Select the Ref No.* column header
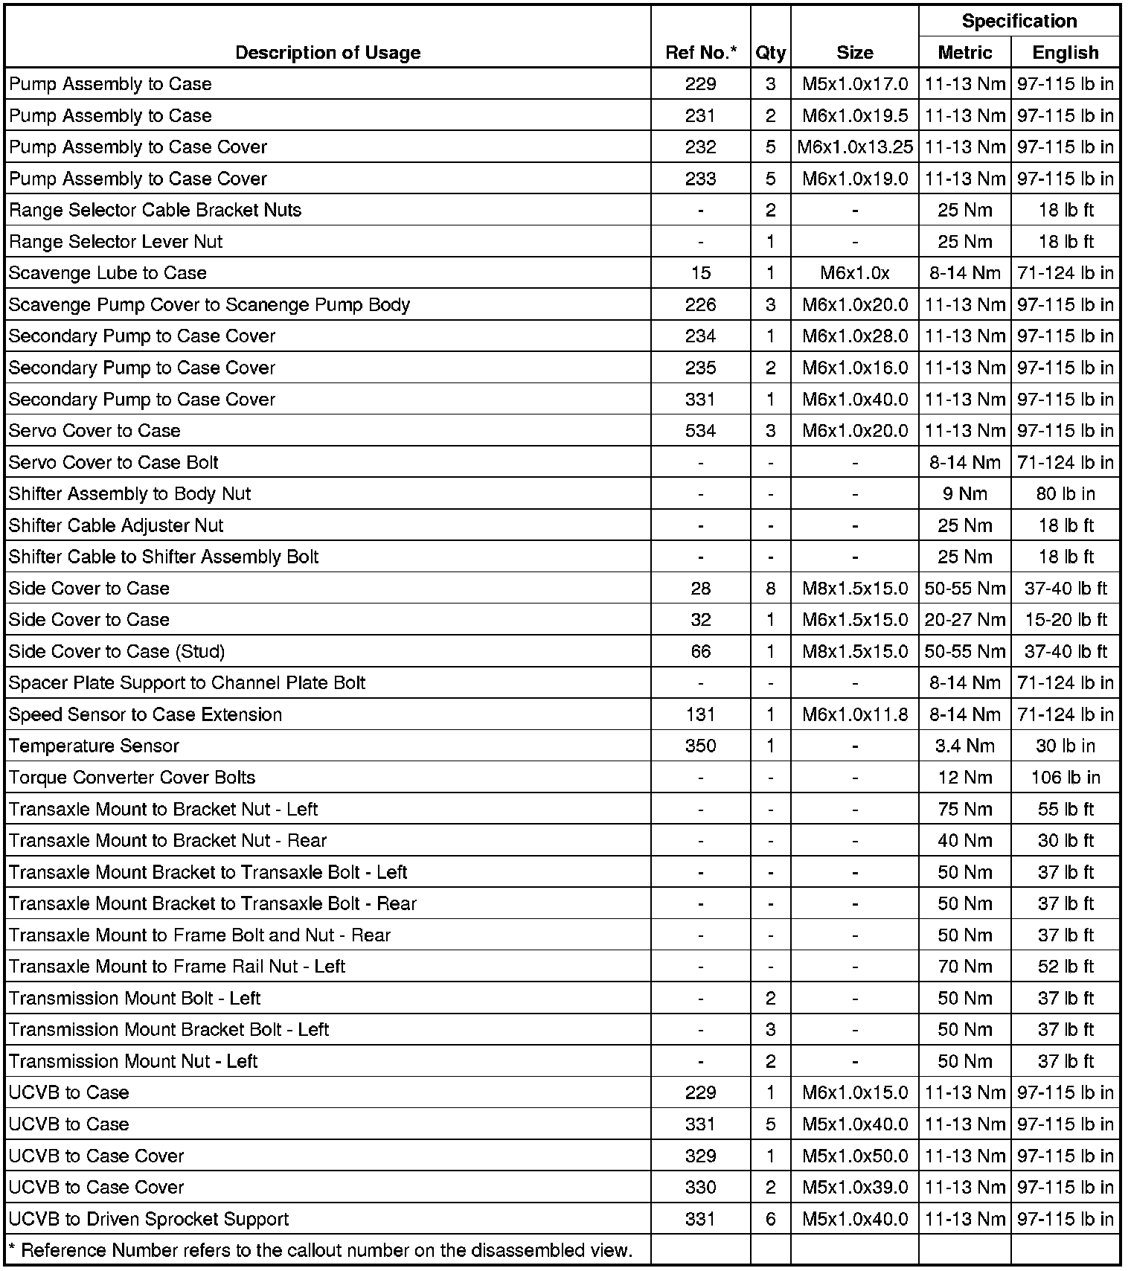click(x=700, y=53)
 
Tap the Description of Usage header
click(x=327, y=53)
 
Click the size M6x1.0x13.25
click(x=854, y=147)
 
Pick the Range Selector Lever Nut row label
click(x=115, y=242)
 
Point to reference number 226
click(x=700, y=305)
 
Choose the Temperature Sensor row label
click(x=94, y=746)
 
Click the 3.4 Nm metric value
click(x=964, y=746)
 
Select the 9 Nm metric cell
click(x=964, y=494)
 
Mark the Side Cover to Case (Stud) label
click(x=117, y=652)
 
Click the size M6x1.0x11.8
click(x=854, y=715)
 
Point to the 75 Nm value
click(x=964, y=810)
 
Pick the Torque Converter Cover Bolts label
click(x=132, y=778)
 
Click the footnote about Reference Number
click(x=320, y=1250)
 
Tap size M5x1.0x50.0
click(x=854, y=1156)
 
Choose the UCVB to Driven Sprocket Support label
click(x=149, y=1219)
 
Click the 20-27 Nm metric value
click(x=964, y=620)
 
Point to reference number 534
click(x=700, y=431)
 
